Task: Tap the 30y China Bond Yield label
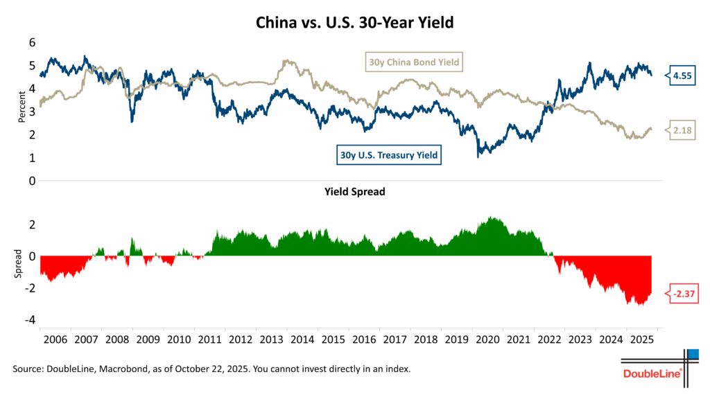(413, 63)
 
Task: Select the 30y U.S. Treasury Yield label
(389, 155)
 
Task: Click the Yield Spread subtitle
(355, 192)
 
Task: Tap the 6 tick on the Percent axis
(31, 42)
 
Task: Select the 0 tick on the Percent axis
(31, 181)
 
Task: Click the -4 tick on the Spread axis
(29, 320)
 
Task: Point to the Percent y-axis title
(20, 112)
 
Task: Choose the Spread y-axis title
(20, 265)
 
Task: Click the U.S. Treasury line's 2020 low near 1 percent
(478, 157)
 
